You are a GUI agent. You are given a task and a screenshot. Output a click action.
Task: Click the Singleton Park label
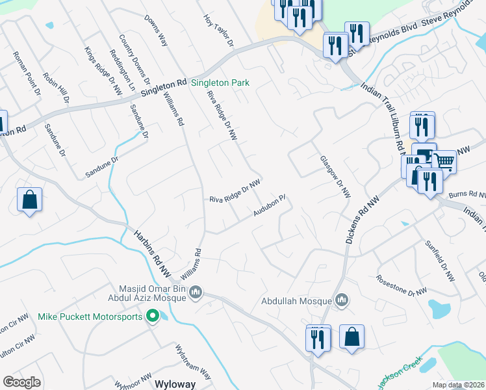pyautogui.click(x=220, y=84)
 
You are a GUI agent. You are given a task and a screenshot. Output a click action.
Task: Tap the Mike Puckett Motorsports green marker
pyautogui.click(x=153, y=317)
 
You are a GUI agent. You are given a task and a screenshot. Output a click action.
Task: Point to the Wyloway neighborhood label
pyautogui.click(x=175, y=384)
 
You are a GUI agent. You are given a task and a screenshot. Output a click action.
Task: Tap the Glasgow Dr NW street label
pyautogui.click(x=335, y=177)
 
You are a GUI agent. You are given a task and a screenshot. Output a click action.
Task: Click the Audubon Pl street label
pyautogui.click(x=270, y=206)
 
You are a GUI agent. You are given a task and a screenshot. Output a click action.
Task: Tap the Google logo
pyautogui.click(x=21, y=382)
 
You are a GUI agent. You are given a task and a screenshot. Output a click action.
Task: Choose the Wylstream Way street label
pyautogui.click(x=193, y=361)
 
